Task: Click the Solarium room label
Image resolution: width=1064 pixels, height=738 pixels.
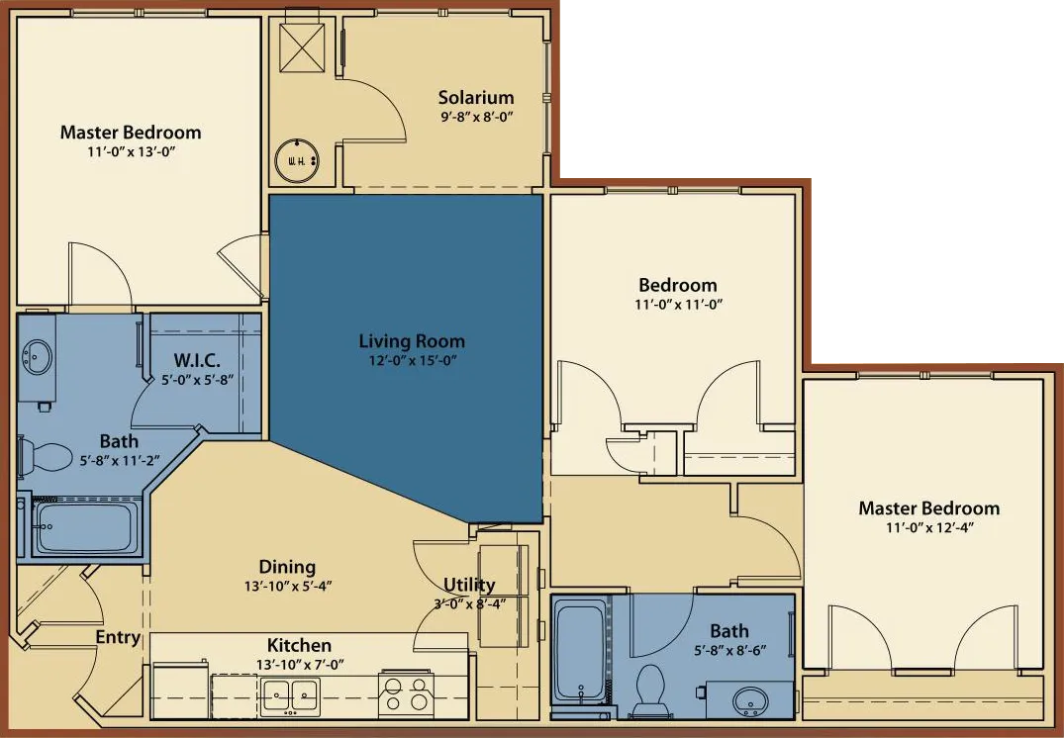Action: click(x=476, y=97)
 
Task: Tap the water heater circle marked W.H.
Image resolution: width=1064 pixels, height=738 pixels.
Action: click(x=296, y=159)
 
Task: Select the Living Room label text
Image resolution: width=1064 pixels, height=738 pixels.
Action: click(x=412, y=341)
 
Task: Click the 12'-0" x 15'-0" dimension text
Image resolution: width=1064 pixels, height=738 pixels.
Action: click(x=412, y=361)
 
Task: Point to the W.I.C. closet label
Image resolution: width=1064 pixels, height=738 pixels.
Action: click(x=197, y=358)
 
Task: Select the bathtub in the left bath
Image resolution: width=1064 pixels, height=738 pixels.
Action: click(x=86, y=527)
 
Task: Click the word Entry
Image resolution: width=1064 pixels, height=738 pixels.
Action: click(x=118, y=637)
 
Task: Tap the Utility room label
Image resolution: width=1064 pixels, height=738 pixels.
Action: click(x=469, y=585)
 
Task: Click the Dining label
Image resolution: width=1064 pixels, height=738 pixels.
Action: click(x=287, y=567)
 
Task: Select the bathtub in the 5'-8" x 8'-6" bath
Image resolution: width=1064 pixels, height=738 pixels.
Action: click(x=580, y=651)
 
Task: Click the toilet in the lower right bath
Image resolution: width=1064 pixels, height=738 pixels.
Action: click(x=649, y=687)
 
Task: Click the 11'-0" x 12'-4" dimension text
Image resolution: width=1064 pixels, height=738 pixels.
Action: click(x=929, y=528)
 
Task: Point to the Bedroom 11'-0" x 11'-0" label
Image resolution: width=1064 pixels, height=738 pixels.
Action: click(x=678, y=286)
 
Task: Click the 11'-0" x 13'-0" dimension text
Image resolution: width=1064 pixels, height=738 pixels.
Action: click(x=131, y=152)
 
